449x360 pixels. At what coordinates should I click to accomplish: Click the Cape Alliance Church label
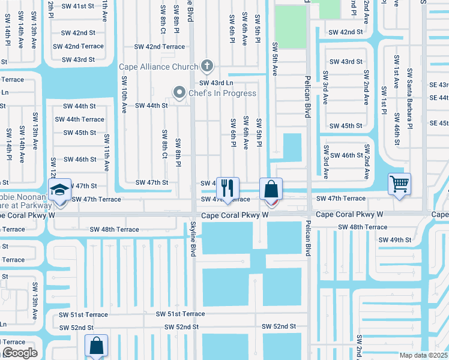click(x=158, y=67)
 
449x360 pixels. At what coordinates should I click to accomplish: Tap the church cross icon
click(x=207, y=66)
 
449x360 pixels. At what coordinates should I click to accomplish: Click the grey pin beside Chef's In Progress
click(x=179, y=92)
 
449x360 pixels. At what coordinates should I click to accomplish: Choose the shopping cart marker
click(x=399, y=184)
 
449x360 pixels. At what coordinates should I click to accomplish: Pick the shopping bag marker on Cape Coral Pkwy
click(x=271, y=189)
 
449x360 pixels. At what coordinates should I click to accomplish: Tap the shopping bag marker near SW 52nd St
click(x=96, y=346)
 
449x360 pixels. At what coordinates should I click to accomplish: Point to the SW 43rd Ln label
click(x=216, y=83)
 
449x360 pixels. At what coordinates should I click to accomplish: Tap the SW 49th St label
click(x=394, y=239)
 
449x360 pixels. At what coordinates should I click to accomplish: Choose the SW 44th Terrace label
click(x=79, y=119)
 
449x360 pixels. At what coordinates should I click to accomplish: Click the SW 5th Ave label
click(x=274, y=59)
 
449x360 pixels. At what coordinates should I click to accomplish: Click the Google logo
click(x=20, y=353)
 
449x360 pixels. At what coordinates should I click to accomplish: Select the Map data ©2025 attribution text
click(x=424, y=355)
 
